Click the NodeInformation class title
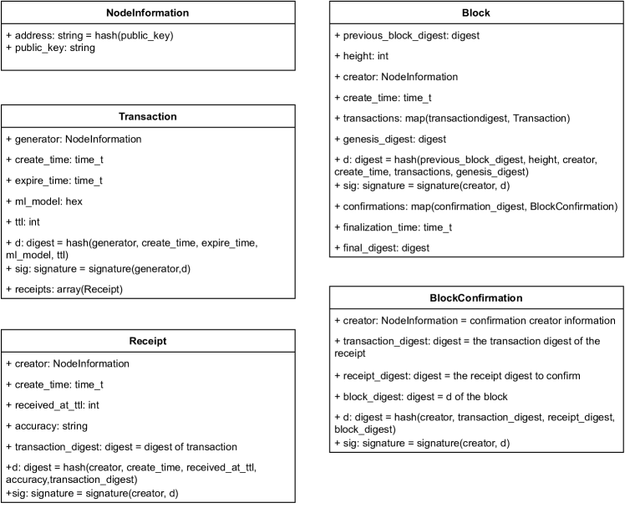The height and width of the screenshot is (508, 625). click(148, 13)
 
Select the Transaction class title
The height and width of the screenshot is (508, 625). click(148, 117)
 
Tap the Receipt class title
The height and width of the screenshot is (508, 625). click(148, 341)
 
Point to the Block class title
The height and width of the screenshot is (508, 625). click(476, 13)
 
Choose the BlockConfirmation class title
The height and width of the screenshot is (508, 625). click(476, 297)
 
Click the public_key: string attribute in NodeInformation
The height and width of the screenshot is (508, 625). click(50, 48)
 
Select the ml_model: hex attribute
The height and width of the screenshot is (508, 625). click(48, 201)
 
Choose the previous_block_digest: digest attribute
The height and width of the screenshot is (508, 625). click(407, 35)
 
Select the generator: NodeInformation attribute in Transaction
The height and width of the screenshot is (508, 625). click(74, 139)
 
